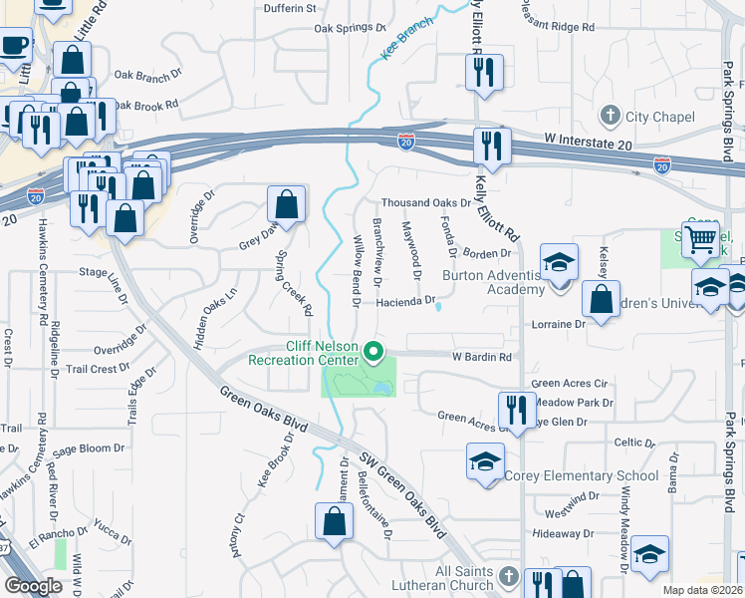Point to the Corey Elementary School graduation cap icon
485,461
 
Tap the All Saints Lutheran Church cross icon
508,577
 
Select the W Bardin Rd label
482,356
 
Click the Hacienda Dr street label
406,301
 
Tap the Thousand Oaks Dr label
424,202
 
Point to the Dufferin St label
290,8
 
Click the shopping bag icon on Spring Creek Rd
286,204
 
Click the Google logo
33,586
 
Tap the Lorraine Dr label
559,324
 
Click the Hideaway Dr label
563,534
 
